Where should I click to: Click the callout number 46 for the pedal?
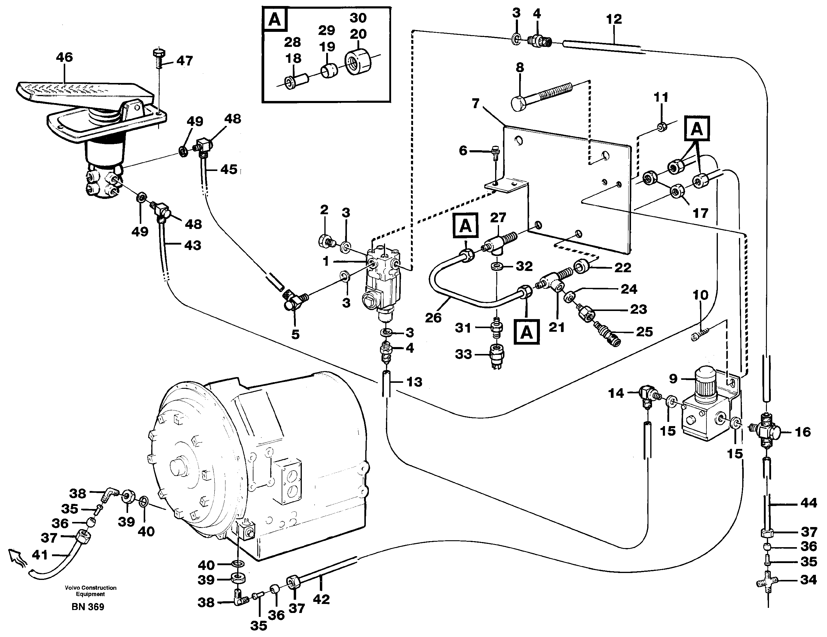coord(64,57)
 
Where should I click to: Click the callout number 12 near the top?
coord(614,19)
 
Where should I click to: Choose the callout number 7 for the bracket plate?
coord(476,103)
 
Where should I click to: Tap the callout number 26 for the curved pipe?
coord(433,318)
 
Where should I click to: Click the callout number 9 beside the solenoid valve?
coord(673,379)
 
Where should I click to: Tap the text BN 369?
coord(88,607)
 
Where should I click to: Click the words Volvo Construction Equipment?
coord(90,591)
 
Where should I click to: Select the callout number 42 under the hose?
coord(321,599)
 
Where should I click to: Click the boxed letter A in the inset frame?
coord(274,19)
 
